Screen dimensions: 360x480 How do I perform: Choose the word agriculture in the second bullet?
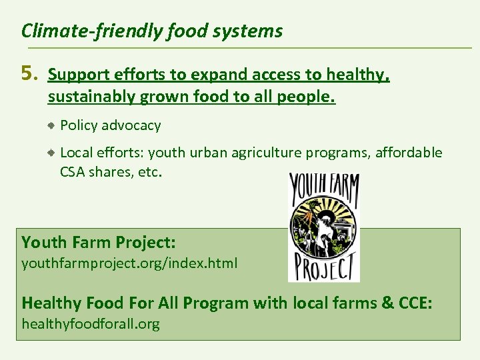tap(267, 153)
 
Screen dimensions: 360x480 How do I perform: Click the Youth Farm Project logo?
tap(324, 227)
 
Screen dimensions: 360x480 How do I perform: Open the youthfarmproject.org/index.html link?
tap(129, 263)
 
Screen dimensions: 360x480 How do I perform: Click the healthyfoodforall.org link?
tap(91, 324)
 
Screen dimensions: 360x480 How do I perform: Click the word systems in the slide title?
tap(255, 31)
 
